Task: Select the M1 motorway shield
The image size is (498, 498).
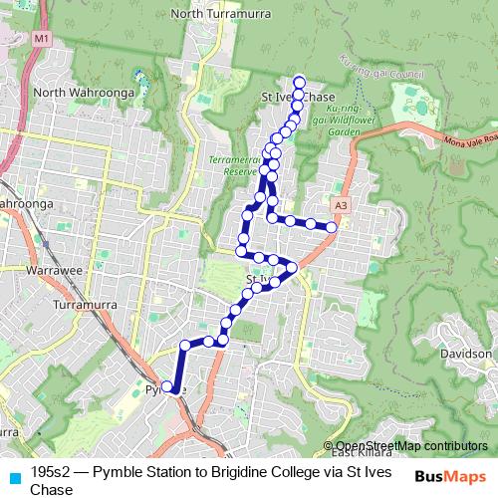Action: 41,38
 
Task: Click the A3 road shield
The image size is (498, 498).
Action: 342,205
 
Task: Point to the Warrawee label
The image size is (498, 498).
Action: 52,270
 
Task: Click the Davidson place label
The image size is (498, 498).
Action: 466,354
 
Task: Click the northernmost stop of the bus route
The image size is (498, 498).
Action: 300,81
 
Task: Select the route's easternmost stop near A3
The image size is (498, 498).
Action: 332,227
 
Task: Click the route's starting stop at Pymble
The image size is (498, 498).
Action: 167,386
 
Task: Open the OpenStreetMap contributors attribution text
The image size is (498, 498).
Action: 410,446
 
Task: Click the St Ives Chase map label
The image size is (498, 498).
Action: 297,97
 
